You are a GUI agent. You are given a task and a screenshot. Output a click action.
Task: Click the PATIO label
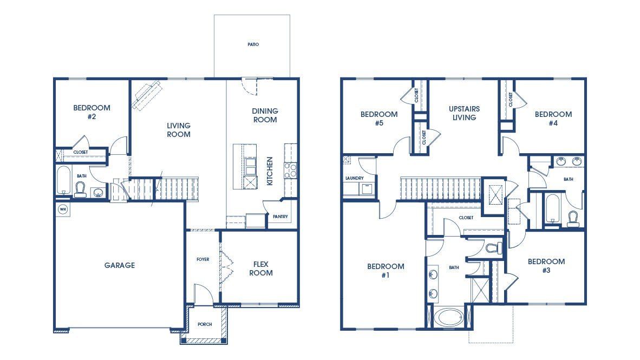(x=252, y=44)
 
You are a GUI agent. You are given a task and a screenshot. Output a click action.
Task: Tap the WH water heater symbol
(x=62, y=210)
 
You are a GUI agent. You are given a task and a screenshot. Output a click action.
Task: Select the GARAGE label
(x=119, y=265)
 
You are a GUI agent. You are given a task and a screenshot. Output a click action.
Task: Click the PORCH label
(x=205, y=325)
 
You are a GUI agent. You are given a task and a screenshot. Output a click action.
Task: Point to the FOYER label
(x=203, y=259)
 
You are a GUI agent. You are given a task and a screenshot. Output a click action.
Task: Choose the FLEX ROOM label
(x=260, y=269)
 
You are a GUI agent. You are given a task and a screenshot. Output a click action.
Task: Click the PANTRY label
(x=280, y=217)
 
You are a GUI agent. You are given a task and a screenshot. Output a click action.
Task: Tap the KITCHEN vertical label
(x=270, y=171)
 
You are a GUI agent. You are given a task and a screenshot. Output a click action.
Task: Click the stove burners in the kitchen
(x=291, y=171)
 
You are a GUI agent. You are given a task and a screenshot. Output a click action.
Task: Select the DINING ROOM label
(x=265, y=115)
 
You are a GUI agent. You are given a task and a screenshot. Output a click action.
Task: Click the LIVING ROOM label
(x=178, y=130)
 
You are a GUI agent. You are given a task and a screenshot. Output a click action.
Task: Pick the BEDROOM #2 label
(x=92, y=112)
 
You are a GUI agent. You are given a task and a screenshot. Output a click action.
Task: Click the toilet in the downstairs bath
(x=80, y=189)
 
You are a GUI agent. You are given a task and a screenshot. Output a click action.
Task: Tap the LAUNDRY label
(x=354, y=178)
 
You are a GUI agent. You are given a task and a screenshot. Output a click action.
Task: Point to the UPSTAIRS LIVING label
(x=464, y=113)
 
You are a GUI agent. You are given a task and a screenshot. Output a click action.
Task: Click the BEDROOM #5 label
(x=379, y=119)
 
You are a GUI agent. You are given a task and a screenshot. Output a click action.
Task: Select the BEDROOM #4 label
(x=553, y=119)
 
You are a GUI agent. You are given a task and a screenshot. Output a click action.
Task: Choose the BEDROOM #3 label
(x=546, y=266)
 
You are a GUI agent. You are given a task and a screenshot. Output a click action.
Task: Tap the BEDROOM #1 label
(x=386, y=271)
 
